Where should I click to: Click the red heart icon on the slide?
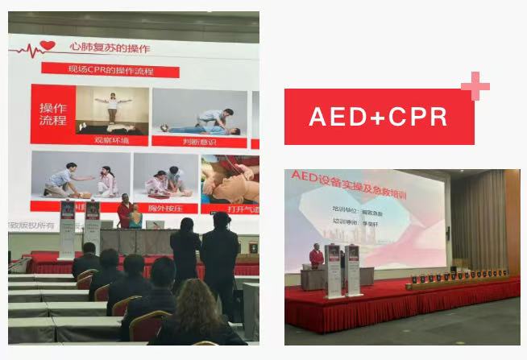[48, 47]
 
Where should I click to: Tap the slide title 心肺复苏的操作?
[111, 49]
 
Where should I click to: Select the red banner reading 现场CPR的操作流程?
[110, 72]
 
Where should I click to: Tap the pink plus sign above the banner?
[475, 86]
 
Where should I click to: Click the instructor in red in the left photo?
[125, 212]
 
